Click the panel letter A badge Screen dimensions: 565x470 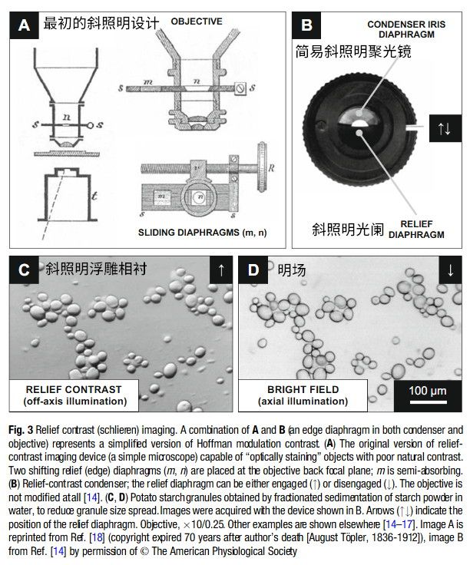point(24,27)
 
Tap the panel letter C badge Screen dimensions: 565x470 point(24,270)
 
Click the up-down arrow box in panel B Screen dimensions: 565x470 point(444,128)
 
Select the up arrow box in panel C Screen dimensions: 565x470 point(221,270)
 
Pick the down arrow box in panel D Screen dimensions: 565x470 point(449,270)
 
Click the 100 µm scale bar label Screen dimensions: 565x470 point(428,391)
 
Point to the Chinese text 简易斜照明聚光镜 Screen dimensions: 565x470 point(353,52)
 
